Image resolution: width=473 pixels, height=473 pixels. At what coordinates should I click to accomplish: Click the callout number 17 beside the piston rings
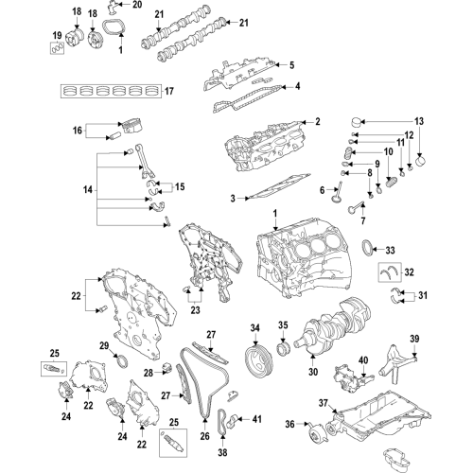point(169,91)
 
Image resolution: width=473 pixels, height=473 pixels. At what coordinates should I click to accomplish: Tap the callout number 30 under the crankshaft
point(313,372)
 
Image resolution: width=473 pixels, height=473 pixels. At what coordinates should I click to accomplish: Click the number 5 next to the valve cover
point(291,65)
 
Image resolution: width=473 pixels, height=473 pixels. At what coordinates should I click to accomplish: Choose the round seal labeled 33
point(368,249)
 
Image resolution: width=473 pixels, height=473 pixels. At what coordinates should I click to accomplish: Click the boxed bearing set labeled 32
point(390,272)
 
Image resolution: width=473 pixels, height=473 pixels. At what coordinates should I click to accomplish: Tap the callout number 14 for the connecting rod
point(88,190)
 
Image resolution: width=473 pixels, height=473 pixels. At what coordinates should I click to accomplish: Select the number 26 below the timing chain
point(205,436)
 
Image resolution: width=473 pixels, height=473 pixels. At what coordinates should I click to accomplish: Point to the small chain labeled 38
point(222,422)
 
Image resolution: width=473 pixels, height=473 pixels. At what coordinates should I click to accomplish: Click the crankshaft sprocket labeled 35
point(283,350)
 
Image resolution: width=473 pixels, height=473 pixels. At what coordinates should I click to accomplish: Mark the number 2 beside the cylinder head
point(318,121)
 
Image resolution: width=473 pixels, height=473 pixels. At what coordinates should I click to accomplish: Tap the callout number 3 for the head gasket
point(233,199)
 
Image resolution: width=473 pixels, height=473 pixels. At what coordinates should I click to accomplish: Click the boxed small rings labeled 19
point(57,48)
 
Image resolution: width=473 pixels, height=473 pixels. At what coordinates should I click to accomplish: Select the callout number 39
point(414,339)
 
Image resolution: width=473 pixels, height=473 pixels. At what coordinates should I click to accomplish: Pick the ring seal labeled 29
point(122,361)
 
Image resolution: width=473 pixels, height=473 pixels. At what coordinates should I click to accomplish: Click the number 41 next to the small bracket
point(257,419)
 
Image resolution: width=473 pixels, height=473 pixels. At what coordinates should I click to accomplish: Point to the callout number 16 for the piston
point(78,131)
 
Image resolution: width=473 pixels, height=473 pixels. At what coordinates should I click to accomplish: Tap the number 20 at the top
point(137,5)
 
